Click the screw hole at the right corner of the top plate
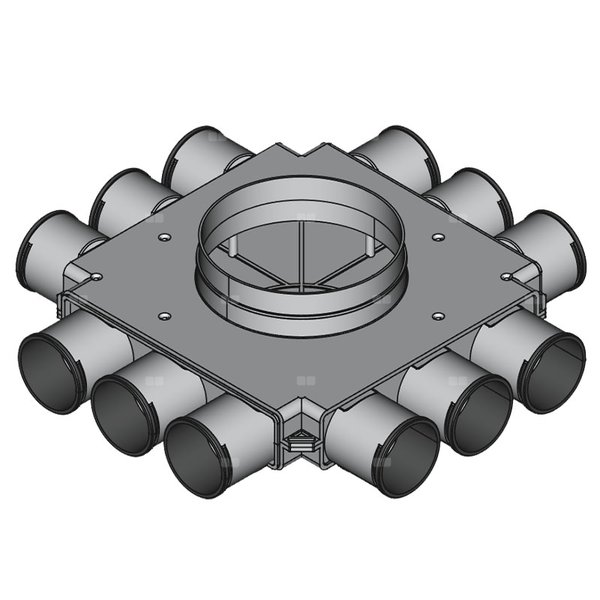[x=507, y=276]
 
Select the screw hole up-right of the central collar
[x=438, y=237]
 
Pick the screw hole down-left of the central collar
[x=162, y=316]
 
